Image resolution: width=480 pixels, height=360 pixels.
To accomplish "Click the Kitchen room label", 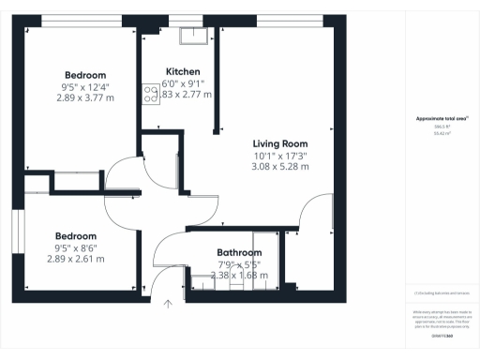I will click(182, 72).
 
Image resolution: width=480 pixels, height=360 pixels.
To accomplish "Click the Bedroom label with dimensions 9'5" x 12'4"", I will click(85, 75).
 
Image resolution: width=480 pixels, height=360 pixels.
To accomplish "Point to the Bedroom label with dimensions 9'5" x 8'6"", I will click(76, 235).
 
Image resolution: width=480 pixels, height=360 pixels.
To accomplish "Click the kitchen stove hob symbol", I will click(150, 92).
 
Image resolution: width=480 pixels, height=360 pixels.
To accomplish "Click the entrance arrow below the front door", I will click(169, 303).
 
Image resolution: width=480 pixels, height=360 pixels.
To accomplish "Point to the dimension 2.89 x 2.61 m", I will click(76, 258).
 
